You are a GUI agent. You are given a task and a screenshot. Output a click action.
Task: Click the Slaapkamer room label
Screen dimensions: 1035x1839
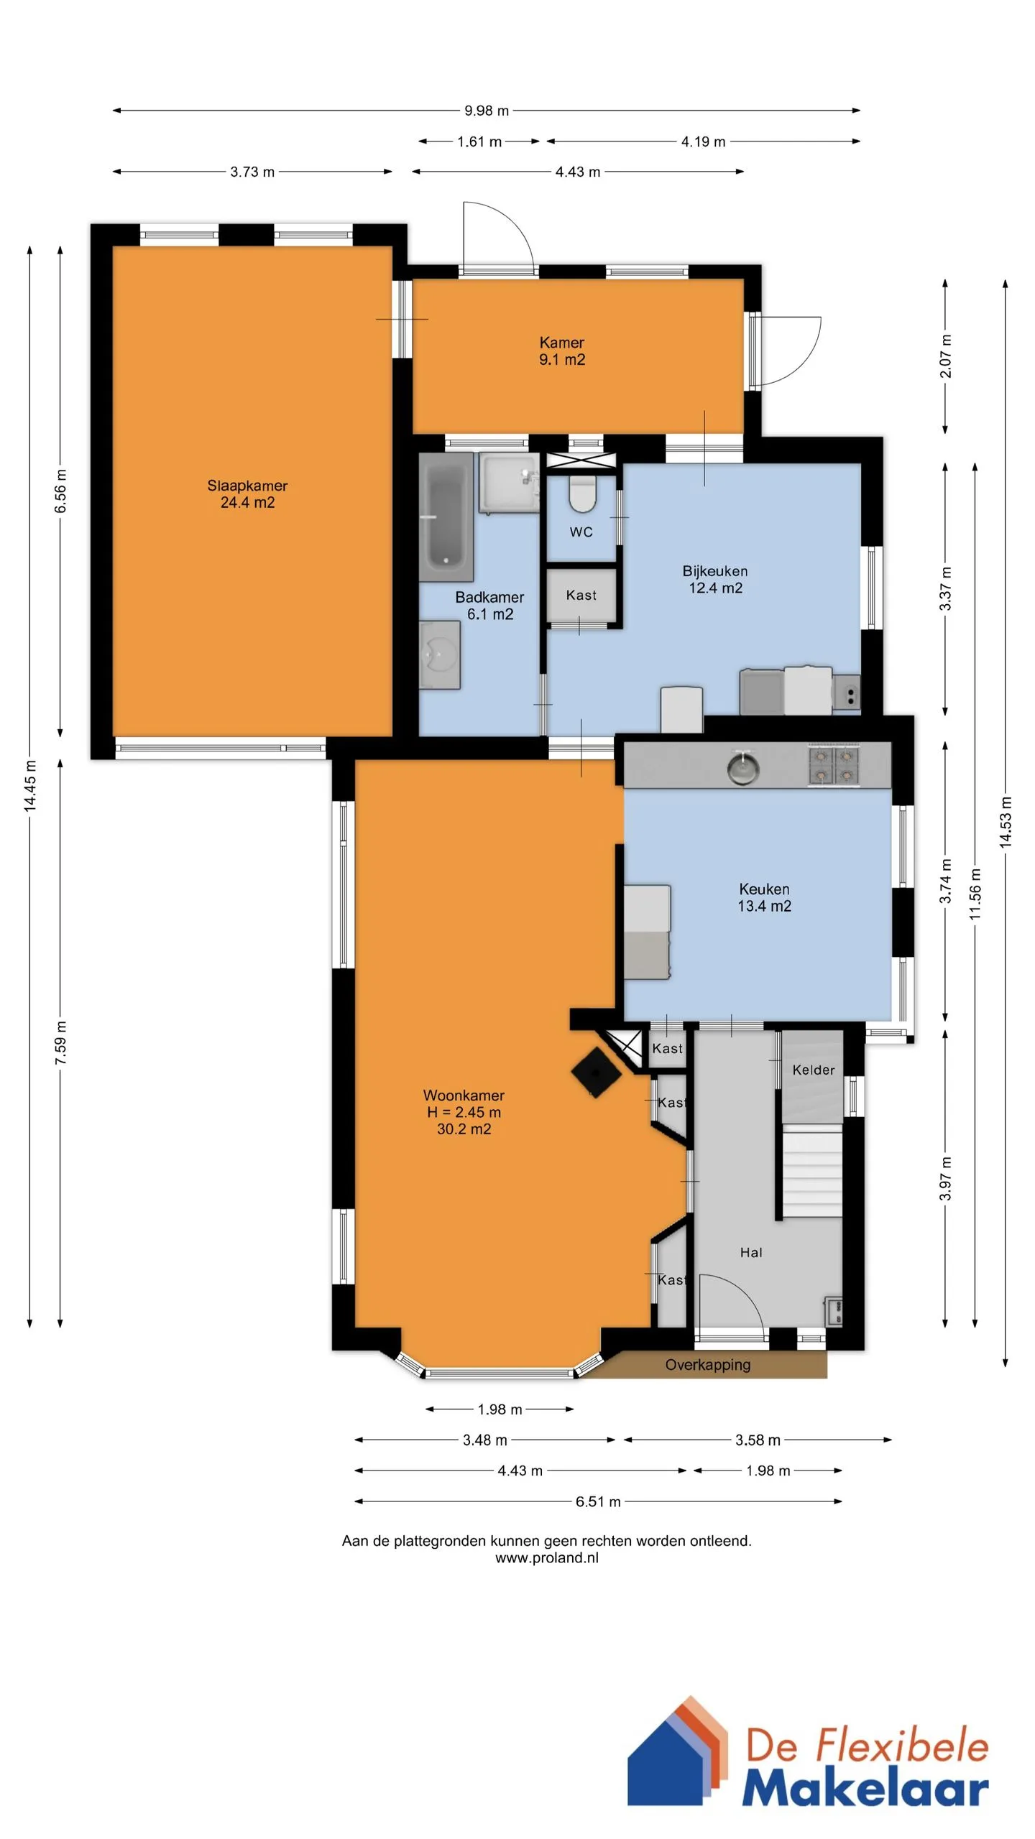pos(247,486)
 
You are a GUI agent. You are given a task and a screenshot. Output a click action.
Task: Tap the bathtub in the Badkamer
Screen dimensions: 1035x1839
pos(446,517)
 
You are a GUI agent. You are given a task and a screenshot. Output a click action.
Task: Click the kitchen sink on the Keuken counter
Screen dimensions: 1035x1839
pos(743,767)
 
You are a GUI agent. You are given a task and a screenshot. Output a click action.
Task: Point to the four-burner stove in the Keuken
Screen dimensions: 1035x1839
pos(834,766)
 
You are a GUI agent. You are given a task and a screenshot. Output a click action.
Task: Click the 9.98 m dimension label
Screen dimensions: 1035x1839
pos(487,111)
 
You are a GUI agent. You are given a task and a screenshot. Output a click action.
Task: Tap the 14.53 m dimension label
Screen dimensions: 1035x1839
pos(1006,823)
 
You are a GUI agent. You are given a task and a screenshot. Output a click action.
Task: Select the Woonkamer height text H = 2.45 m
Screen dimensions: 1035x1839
pos(464,1112)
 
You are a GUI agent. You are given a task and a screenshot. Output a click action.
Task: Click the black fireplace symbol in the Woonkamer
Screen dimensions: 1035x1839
pos(596,1073)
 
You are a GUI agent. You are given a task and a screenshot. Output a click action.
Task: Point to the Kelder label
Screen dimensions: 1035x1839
pos(814,1070)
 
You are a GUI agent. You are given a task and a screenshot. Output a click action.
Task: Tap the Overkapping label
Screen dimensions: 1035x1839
pos(708,1365)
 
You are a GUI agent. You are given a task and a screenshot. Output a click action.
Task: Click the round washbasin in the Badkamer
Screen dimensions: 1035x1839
pos(438,655)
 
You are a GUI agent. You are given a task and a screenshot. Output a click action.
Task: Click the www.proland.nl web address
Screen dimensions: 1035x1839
pos(547,1557)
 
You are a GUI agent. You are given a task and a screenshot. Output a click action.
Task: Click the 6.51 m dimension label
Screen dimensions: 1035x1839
pos(598,1501)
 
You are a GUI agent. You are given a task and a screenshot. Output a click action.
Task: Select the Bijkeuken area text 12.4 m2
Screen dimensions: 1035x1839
pos(716,588)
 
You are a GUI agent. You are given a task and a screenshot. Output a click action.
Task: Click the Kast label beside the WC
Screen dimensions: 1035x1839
pos(581,595)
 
